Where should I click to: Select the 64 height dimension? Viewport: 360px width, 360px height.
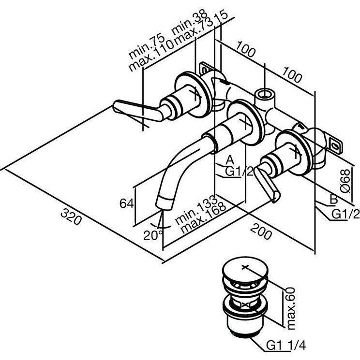126,203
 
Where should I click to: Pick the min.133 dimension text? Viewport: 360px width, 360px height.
190,212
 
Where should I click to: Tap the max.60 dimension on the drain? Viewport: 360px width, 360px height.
290,307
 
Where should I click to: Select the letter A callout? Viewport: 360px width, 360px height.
230,159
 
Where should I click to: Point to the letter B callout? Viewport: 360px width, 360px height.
333,199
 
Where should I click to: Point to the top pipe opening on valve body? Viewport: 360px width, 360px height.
264,92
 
